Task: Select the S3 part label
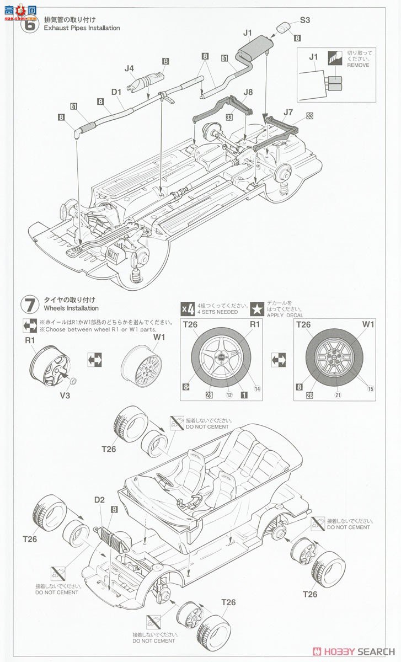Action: click(x=306, y=21)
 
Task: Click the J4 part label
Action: click(x=130, y=68)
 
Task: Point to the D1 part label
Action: click(x=116, y=93)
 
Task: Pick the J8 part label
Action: click(x=248, y=92)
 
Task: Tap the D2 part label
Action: click(x=99, y=500)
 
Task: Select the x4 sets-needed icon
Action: click(x=188, y=308)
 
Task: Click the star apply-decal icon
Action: click(x=257, y=308)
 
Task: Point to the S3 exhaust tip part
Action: click(x=283, y=28)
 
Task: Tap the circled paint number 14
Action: click(x=257, y=389)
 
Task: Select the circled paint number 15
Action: click(x=370, y=389)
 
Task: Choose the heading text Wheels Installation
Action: click(x=71, y=308)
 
